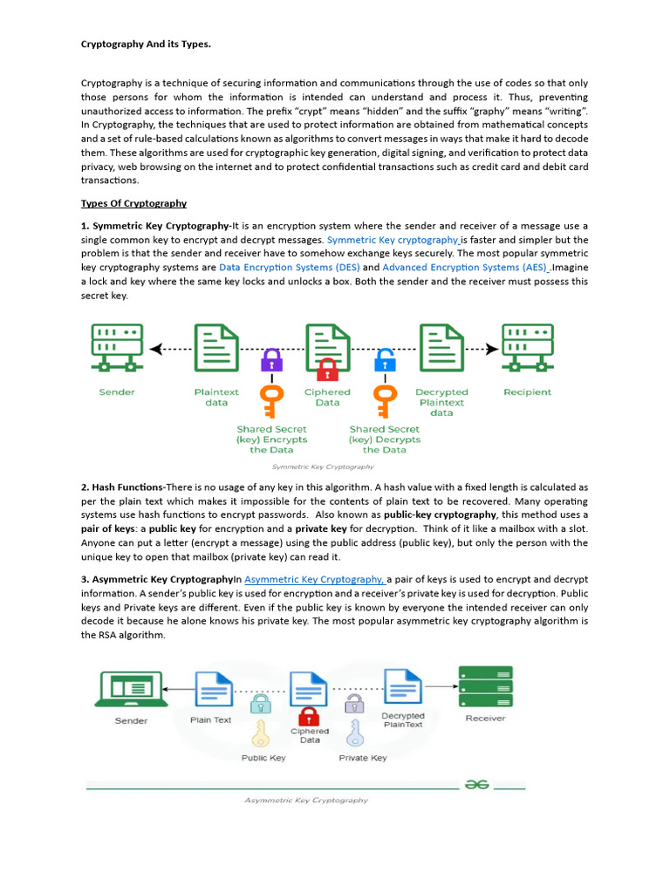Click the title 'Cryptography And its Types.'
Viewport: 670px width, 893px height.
coord(146,44)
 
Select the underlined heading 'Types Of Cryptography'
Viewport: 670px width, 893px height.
coord(133,203)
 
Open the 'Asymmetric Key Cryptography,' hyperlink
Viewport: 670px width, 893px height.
coord(315,579)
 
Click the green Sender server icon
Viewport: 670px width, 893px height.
coord(117,350)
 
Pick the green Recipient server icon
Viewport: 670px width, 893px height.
coord(527,350)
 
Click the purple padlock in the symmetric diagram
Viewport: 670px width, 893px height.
coord(272,358)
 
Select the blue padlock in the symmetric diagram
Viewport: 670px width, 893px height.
coord(385,358)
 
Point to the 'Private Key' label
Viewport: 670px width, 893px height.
coord(363,758)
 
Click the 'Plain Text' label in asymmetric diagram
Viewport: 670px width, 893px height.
coord(211,720)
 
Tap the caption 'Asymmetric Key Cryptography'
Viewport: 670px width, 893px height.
coord(305,800)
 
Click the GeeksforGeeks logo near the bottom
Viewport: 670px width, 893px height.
coord(476,784)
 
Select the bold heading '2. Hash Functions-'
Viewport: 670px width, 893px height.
coord(122,487)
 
